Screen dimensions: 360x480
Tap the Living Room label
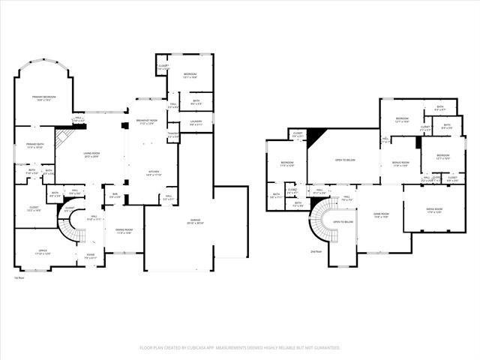[91, 154]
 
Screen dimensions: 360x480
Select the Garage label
[196, 221]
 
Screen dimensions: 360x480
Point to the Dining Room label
[123, 232]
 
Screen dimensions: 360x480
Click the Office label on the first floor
[43, 253]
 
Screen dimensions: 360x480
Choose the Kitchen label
[154, 173]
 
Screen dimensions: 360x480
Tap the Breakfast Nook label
[147, 121]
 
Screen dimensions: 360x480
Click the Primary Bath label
[39, 145]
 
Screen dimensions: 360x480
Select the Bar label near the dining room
[115, 196]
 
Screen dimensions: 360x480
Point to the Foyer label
[90, 256]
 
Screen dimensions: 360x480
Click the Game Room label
[381, 215]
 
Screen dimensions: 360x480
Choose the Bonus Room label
[400, 164]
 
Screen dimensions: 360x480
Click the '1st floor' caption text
[19, 278]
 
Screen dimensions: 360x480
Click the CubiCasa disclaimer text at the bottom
[240, 348]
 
